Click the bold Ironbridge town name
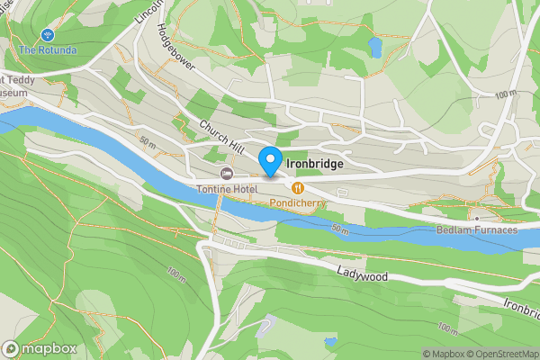[x=317, y=166]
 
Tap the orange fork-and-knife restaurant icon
[x=296, y=187]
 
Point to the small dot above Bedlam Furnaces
[x=476, y=218]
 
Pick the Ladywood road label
[x=363, y=274]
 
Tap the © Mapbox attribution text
[x=445, y=354]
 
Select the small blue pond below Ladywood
[x=330, y=342]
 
